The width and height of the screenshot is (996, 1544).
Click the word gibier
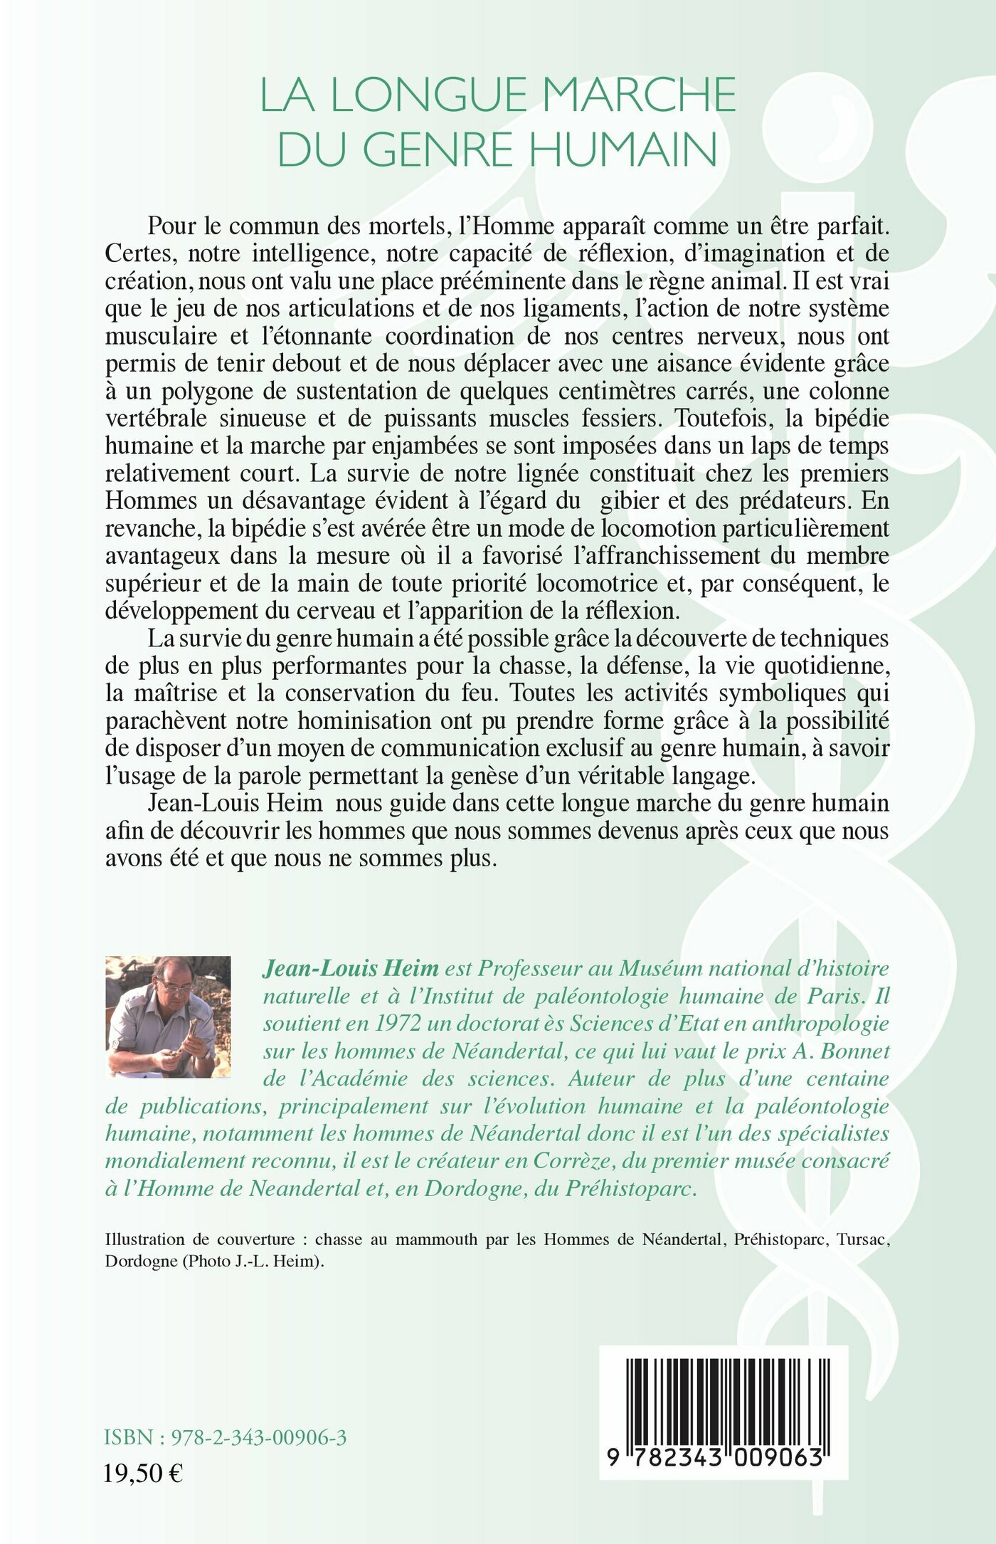pos(629,500)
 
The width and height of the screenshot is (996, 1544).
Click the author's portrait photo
pos(168,1016)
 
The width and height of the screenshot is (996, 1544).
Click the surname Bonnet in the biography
pos(851,1051)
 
